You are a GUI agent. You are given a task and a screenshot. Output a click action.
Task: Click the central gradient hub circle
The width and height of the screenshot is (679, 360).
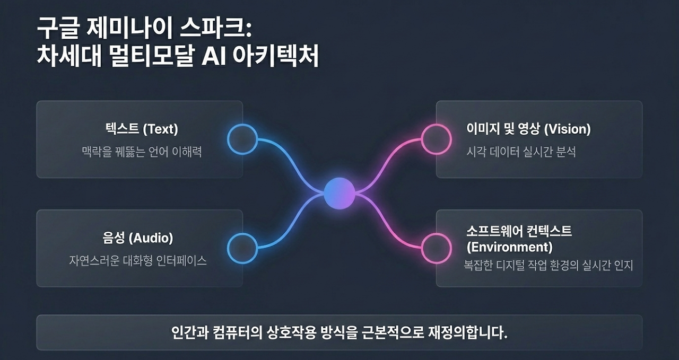tap(339, 194)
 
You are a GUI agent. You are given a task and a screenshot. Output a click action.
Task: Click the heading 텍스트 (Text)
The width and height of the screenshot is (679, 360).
tap(142, 129)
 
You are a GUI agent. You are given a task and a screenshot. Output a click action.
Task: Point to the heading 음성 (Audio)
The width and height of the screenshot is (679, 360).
tap(138, 238)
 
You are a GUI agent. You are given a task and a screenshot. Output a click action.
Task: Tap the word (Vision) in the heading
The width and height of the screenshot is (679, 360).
tap(568, 129)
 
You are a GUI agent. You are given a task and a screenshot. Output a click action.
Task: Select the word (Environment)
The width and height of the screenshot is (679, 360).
tap(510, 247)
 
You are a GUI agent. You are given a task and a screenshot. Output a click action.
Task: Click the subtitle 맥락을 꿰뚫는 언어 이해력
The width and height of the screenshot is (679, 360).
tap(142, 152)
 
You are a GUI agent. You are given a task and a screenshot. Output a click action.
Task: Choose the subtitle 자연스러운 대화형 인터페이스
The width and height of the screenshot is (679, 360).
tap(138, 261)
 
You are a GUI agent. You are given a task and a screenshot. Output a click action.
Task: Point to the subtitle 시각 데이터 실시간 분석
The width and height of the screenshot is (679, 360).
tap(521, 152)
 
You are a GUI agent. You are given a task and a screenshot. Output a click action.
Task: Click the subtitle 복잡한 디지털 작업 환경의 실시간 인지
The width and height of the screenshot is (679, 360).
tap(549, 265)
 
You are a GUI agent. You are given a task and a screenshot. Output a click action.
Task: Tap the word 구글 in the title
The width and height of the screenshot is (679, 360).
tap(58, 28)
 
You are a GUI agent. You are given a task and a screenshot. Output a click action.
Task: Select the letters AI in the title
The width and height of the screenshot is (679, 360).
tap(214, 56)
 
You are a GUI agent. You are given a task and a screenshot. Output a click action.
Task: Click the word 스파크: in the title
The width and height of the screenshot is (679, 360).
tap(216, 28)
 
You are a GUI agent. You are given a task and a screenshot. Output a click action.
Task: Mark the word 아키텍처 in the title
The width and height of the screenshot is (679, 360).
tap(276, 56)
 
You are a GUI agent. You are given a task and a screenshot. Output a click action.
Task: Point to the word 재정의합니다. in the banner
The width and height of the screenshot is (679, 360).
tap(468, 332)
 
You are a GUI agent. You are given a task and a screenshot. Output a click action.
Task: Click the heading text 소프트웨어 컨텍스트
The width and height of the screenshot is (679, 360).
tap(519, 232)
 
